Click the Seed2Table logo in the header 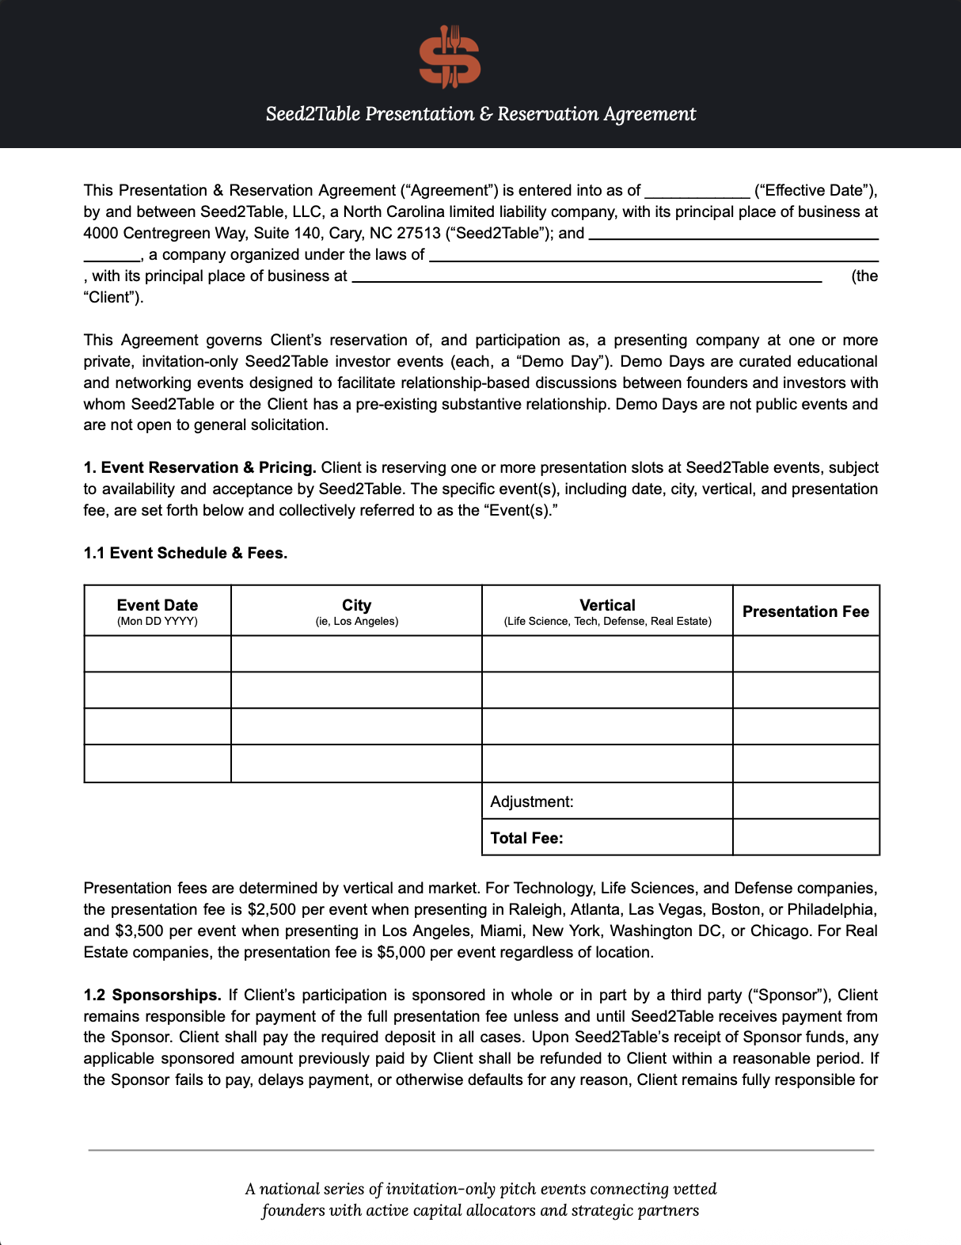[450, 56]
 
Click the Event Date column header [158, 611]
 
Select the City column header [356, 611]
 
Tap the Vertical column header [607, 611]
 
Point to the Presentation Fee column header [805, 611]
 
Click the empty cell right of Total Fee [806, 838]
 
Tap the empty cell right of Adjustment [806, 801]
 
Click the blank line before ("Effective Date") [697, 192]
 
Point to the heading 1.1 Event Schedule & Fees [185, 553]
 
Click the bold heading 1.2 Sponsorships [152, 995]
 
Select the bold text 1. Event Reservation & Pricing [199, 467]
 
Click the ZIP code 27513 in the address [419, 233]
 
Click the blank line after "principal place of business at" [587, 278]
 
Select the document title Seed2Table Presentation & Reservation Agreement [480, 114]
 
